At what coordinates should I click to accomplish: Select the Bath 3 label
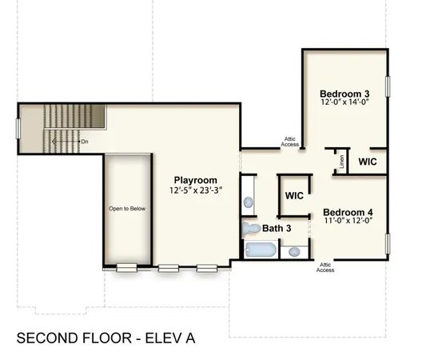point(277,229)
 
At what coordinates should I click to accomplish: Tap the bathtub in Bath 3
point(260,251)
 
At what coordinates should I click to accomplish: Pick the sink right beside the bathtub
point(294,251)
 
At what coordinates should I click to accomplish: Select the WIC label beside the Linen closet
point(368,162)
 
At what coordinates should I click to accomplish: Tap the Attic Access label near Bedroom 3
point(290,142)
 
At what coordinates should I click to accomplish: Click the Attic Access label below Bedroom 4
point(325,267)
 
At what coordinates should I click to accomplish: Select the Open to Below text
point(127,209)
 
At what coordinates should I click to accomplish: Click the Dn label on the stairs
point(84,141)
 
